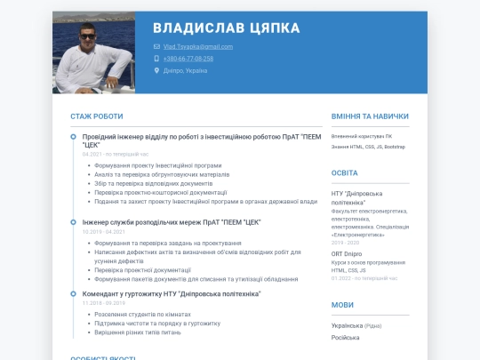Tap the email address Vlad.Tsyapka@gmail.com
click(198, 46)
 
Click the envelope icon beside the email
click(156, 46)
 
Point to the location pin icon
click(156, 70)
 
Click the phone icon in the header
click(156, 58)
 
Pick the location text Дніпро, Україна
click(185, 70)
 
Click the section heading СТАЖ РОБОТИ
click(97, 116)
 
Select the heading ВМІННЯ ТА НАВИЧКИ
click(370, 116)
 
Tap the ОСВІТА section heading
click(345, 172)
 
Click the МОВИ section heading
click(342, 305)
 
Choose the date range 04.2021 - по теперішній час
click(116, 154)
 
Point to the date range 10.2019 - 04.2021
click(103, 231)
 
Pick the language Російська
click(346, 338)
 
